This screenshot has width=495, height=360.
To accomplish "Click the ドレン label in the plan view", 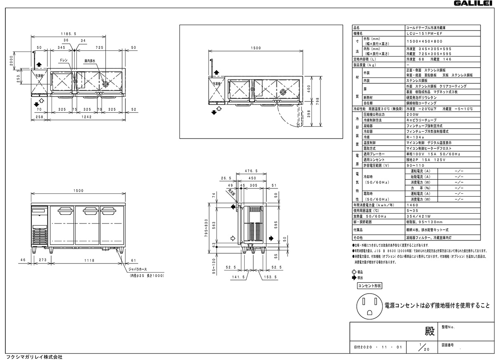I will pyautogui.click(x=64, y=60).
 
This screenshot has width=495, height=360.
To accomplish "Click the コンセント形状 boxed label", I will pyautogui.click(x=369, y=285).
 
